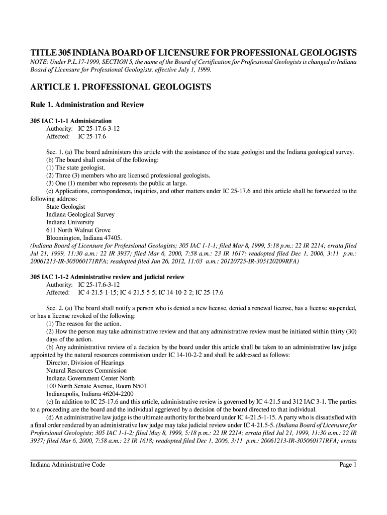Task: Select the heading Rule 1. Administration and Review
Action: [87, 105]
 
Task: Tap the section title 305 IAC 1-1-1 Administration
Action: [71, 121]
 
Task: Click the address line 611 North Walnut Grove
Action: [78, 230]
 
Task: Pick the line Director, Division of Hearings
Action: [85, 363]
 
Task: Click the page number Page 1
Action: [347, 465]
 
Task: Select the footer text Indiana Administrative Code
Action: [68, 465]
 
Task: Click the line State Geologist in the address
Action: [66, 207]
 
